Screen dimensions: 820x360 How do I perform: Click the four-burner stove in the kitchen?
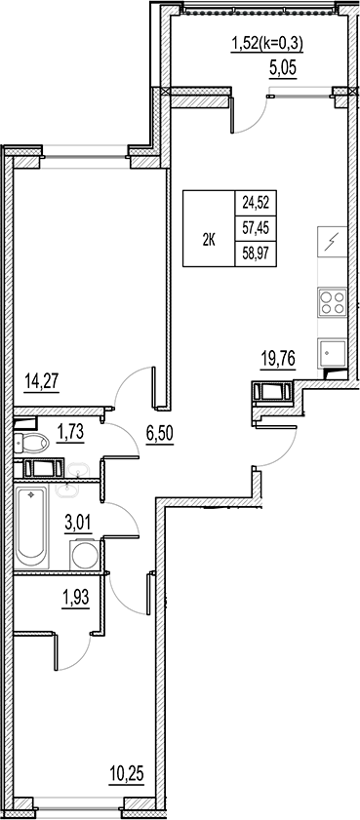coord(332,301)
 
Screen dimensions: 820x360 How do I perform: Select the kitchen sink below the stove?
coord(332,352)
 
